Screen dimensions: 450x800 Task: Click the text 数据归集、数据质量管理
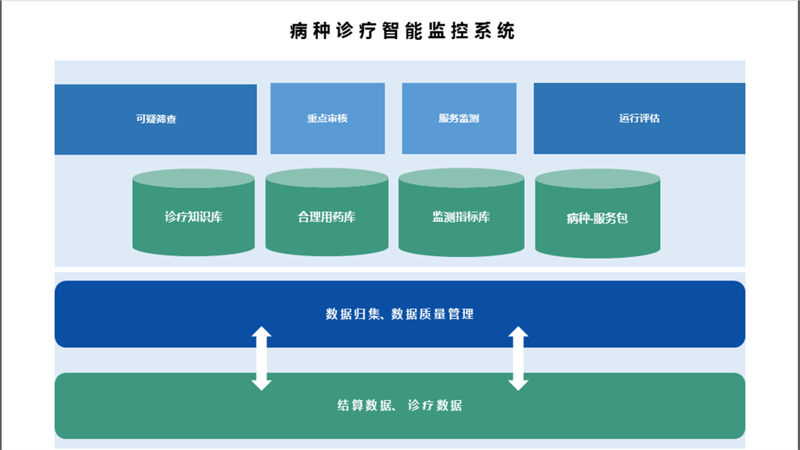click(399, 314)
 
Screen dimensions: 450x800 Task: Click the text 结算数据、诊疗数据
click(399, 405)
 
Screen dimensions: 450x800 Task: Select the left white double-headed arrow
click(262, 359)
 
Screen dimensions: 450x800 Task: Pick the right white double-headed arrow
click(518, 359)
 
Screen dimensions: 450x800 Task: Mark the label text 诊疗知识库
click(194, 217)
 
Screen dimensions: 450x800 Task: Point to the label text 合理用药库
click(327, 217)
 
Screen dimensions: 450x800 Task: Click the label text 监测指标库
click(461, 217)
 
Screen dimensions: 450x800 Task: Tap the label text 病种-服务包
click(598, 219)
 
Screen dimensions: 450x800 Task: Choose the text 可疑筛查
click(155, 120)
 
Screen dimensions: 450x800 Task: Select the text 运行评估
click(639, 119)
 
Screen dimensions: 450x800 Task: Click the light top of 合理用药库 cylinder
click(327, 178)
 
